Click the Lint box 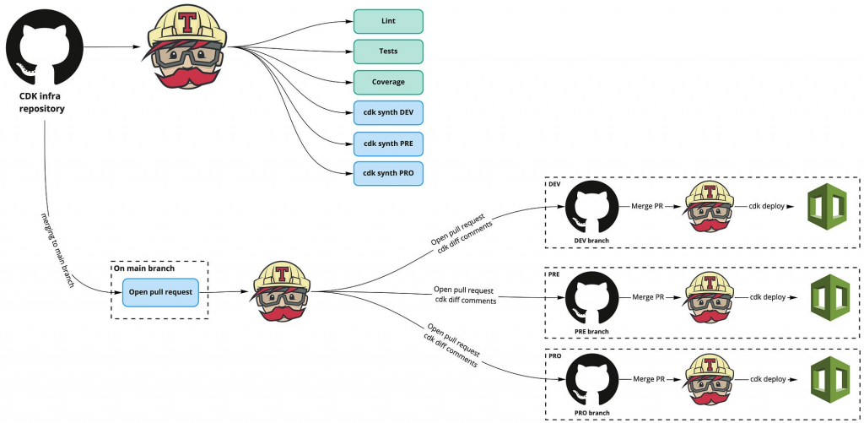388,21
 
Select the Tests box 388,52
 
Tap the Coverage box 388,82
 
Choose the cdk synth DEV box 388,112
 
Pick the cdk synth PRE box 388,143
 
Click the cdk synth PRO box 388,173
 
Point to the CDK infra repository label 42,101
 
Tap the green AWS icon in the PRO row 828,381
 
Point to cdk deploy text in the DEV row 765,206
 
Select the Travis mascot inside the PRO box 707,380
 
